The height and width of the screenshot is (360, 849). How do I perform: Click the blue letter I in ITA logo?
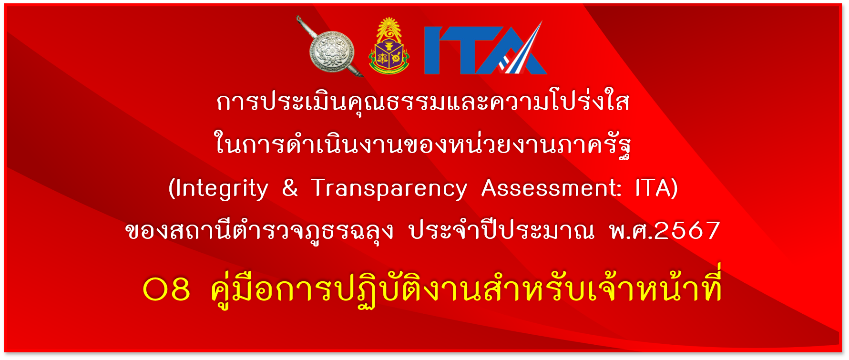[x=432, y=50]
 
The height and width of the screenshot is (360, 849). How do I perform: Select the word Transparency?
[x=389, y=189]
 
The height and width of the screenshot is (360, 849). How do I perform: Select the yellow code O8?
[x=166, y=289]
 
